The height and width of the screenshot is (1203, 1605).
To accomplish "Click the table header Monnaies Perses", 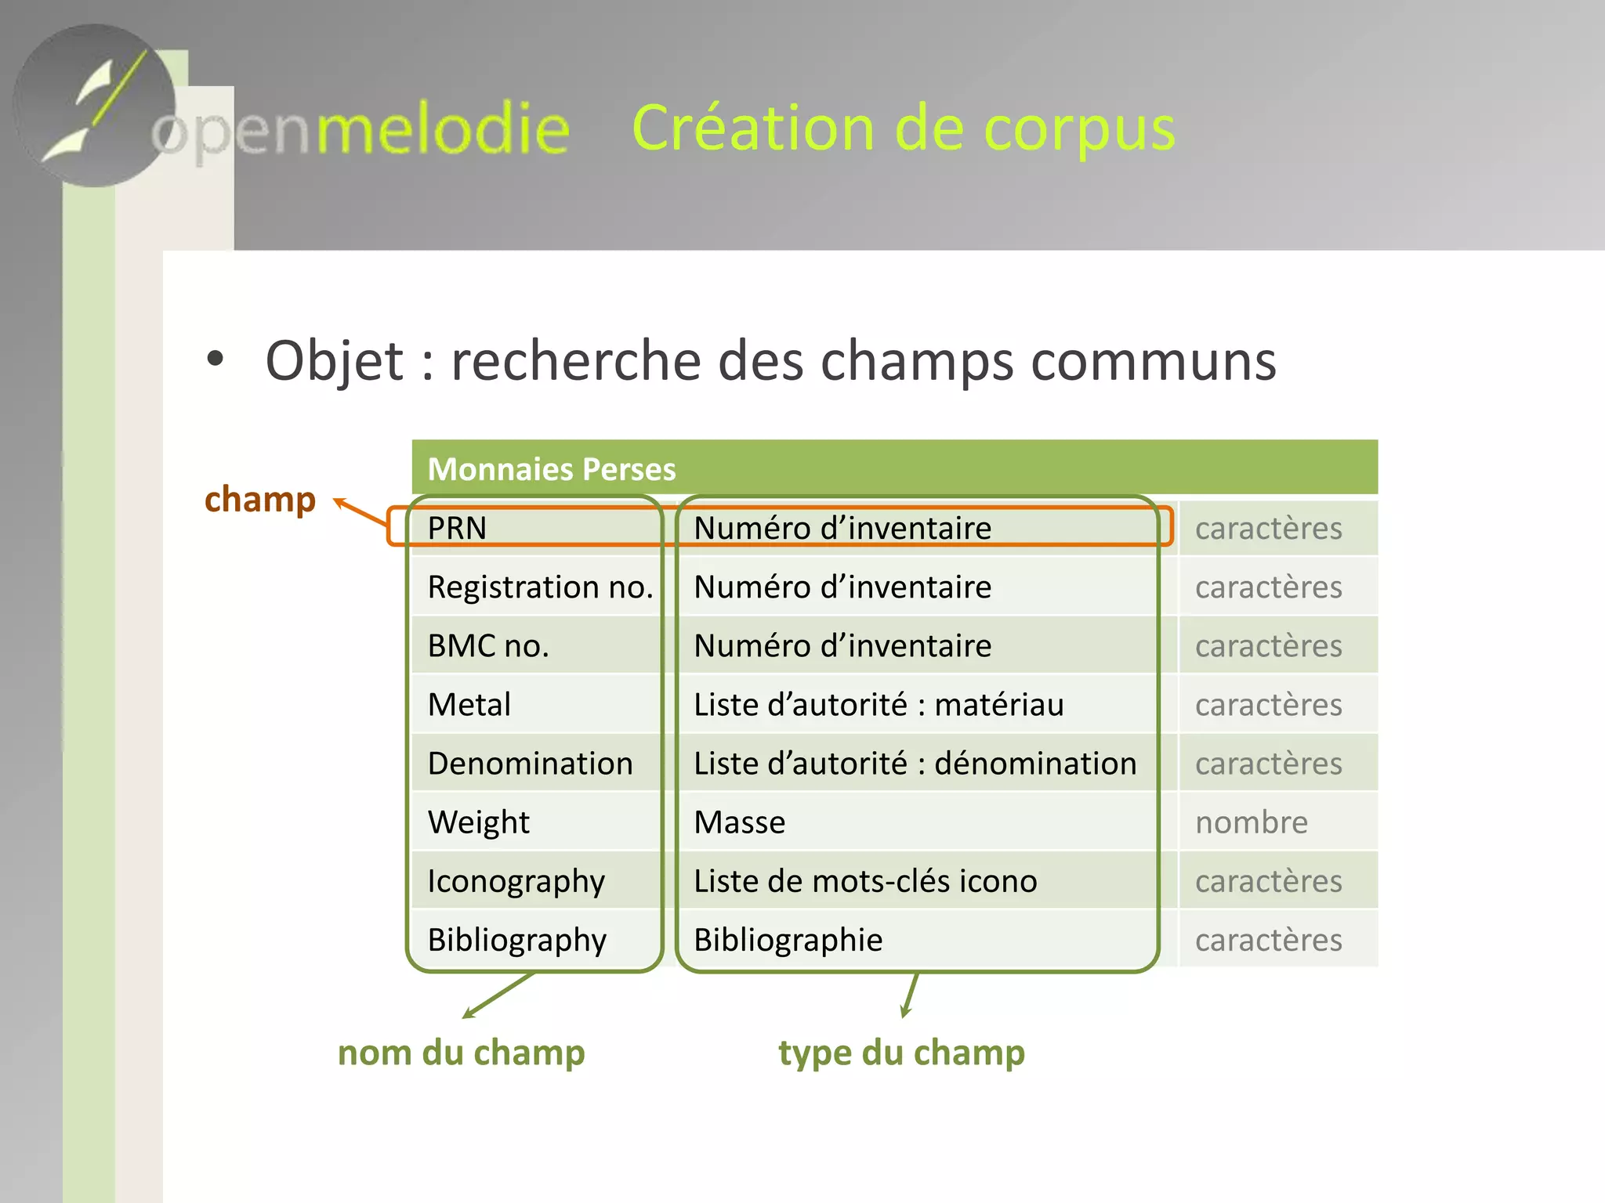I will pyautogui.click(x=552, y=469).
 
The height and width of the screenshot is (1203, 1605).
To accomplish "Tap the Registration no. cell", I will pyautogui.click(x=540, y=587).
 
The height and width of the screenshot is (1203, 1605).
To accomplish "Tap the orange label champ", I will pyautogui.click(x=260, y=500).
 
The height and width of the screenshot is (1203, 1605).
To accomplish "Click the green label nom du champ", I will pyautogui.click(x=461, y=1053).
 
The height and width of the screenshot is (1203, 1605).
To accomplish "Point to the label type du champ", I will pyautogui.click(x=901, y=1053).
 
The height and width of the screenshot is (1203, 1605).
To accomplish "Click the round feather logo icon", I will pyautogui.click(x=94, y=106).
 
